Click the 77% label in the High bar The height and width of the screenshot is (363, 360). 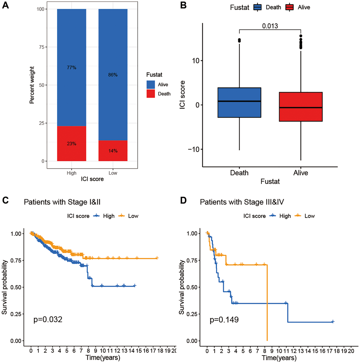pyautogui.click(x=72, y=67)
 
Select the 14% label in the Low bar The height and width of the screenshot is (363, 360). pyautogui.click(x=113, y=151)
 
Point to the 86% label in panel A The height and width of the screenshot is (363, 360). pyautogui.click(x=113, y=75)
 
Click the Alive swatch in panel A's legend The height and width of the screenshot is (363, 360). pyautogui.click(x=152, y=85)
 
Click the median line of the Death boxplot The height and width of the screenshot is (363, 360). pyautogui.click(x=239, y=101)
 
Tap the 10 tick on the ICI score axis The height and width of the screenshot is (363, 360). pyautogui.click(x=194, y=61)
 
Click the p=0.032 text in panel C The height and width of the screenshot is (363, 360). pyautogui.click(x=48, y=320)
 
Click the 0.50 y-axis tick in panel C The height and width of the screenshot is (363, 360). pyautogui.click(x=18, y=287)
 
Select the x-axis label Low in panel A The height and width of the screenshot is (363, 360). pyautogui.click(x=113, y=173)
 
